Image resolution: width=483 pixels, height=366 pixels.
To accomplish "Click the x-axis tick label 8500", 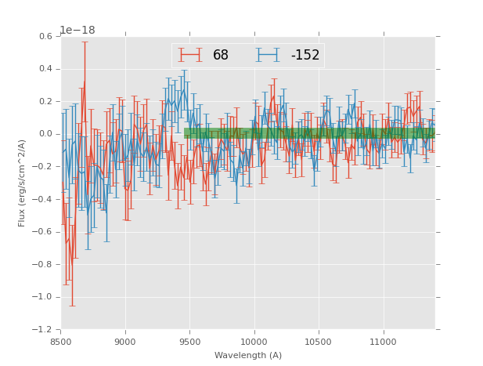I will tap(61, 341).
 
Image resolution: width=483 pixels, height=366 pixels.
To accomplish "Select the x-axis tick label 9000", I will tap(125, 341).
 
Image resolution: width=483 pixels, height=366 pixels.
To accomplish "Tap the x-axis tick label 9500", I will tap(189, 341).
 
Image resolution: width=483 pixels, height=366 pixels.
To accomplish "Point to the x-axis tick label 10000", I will tap(254, 341).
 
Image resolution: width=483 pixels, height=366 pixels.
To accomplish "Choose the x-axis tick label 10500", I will tap(319, 341).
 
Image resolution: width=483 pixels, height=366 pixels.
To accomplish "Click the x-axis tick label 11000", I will tap(384, 341).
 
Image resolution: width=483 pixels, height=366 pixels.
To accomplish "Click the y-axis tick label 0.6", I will tap(46, 36).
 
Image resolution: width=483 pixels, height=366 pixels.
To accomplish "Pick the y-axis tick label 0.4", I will tap(46, 69).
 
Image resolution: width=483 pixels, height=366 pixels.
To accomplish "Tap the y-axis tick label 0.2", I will tap(46, 102).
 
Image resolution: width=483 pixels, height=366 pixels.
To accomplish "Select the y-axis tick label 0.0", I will tap(46, 134).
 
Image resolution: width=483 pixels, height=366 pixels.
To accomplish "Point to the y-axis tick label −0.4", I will tap(44, 199).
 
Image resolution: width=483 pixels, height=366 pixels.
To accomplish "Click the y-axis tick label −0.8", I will tap(44, 264).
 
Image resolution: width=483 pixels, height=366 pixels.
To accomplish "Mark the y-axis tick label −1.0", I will tap(44, 297).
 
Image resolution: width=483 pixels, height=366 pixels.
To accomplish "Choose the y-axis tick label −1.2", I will tap(44, 330).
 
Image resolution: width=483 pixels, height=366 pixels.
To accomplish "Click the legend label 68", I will tap(221, 56).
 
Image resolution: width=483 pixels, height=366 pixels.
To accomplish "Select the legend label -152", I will tap(305, 56).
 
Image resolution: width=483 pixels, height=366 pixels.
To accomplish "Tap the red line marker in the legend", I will tap(189, 56).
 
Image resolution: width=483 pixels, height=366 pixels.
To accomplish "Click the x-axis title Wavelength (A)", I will tap(248, 355).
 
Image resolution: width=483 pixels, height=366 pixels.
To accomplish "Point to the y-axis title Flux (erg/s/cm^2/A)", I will tap(23, 183).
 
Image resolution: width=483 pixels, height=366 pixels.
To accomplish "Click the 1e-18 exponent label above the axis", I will tap(77, 31).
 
